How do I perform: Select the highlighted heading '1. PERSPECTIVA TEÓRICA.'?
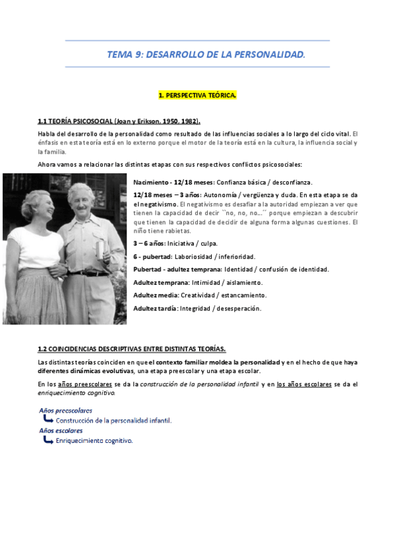(197, 96)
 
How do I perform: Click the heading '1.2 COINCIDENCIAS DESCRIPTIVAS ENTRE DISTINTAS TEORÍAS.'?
(131, 349)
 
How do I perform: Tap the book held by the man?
(100, 250)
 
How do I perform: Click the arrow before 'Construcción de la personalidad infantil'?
(48, 419)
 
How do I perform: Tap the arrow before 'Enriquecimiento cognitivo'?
(48, 440)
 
